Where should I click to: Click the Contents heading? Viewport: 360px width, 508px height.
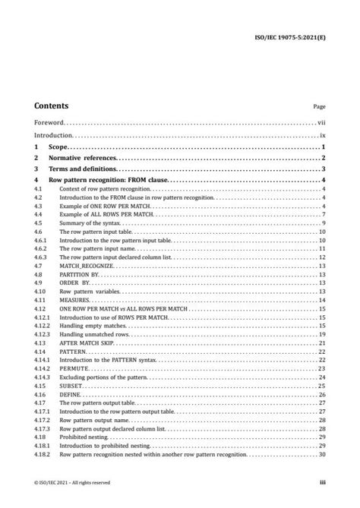[x=51, y=106]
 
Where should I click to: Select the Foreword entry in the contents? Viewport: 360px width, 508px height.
[x=49, y=121]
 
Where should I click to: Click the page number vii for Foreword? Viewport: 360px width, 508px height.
[x=321, y=121]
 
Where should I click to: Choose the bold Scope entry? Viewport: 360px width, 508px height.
[x=58, y=147]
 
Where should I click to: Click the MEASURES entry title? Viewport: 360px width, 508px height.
[x=74, y=301]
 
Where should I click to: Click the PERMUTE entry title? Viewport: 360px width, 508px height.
[x=73, y=368]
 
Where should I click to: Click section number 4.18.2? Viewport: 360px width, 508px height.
[x=43, y=454]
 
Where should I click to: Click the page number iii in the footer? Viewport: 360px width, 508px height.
[x=323, y=481]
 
